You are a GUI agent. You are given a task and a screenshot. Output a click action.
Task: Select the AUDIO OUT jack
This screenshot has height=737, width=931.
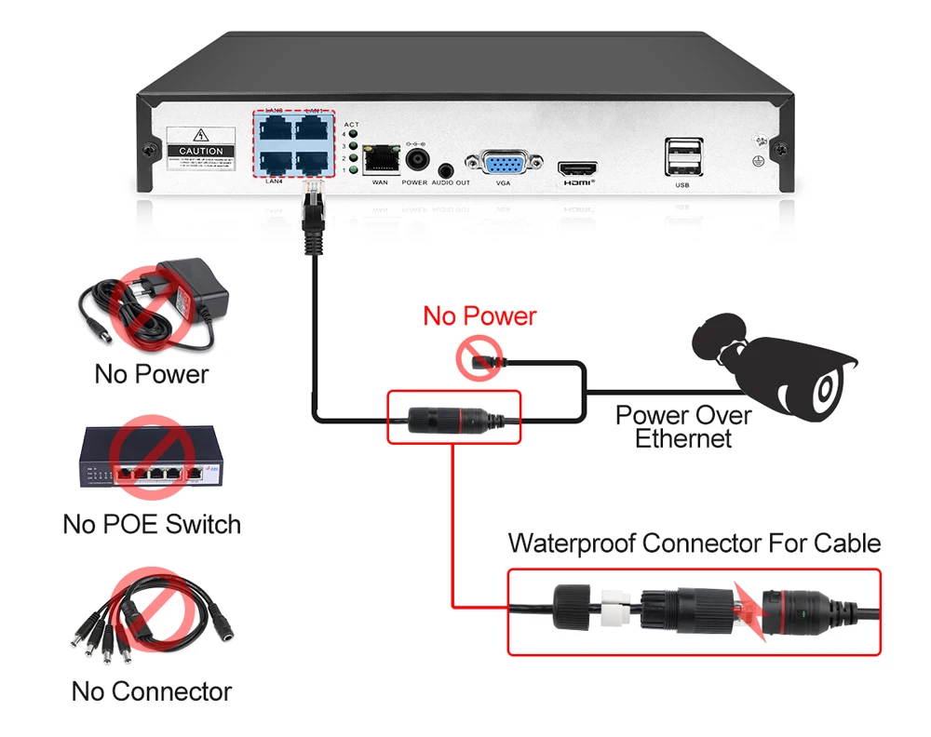click(449, 170)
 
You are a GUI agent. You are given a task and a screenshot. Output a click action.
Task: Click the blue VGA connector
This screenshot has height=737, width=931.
click(504, 164)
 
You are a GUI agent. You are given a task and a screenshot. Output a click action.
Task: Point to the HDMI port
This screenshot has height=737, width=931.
click(577, 169)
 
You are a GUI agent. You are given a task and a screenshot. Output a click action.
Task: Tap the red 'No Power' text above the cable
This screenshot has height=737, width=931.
click(479, 315)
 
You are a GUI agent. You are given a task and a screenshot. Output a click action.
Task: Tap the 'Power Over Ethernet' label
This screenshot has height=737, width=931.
click(683, 426)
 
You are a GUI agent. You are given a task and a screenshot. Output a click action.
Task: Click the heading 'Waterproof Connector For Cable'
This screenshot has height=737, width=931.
click(694, 543)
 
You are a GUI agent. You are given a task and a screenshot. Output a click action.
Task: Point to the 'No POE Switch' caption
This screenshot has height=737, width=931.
click(152, 524)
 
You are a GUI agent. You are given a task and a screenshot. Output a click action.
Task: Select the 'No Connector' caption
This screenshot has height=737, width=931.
click(152, 691)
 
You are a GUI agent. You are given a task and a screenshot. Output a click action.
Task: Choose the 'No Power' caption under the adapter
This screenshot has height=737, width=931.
click(152, 374)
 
